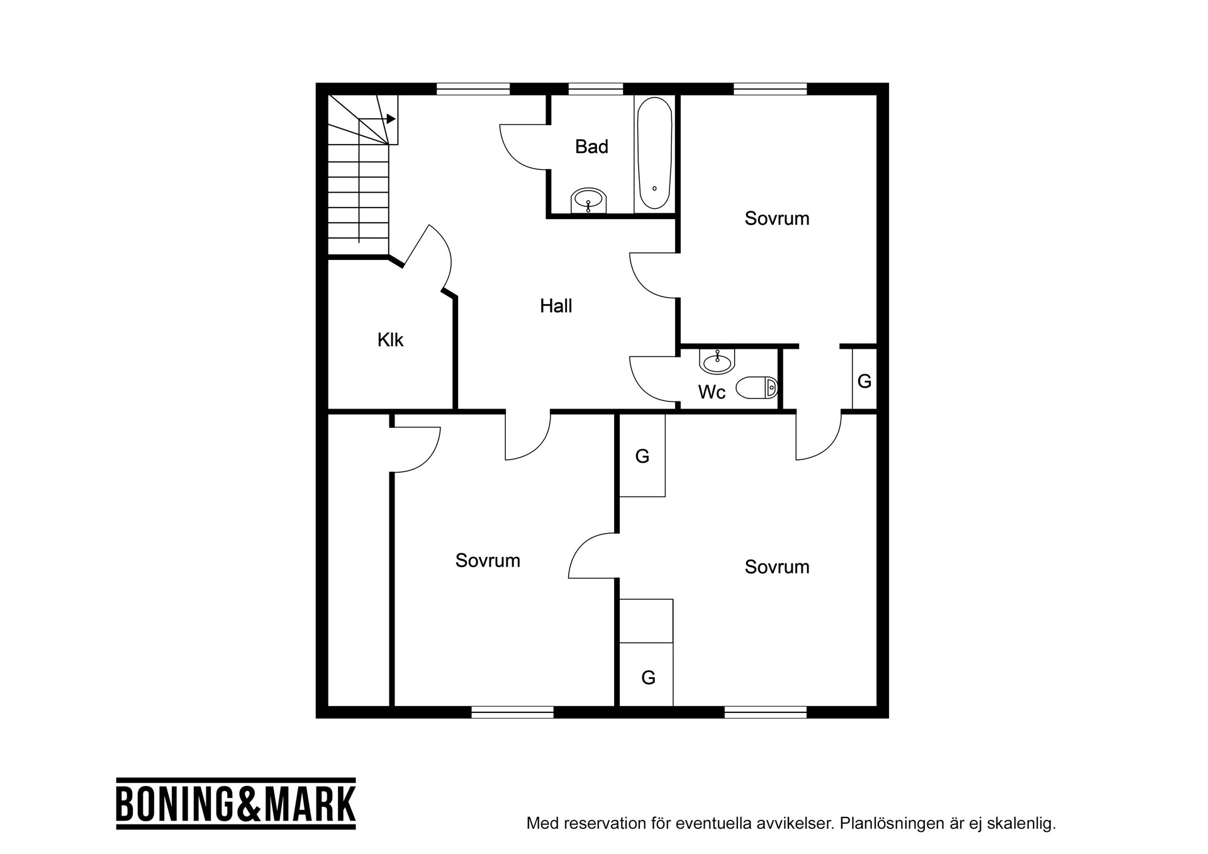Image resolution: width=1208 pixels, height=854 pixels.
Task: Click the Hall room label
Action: (556, 306)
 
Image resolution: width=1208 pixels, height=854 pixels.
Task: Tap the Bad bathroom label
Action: (591, 147)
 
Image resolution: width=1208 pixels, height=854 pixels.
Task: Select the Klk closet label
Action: (390, 340)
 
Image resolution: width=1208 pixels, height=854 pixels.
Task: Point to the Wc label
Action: (712, 393)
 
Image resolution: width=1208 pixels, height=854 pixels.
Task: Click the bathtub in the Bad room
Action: (654, 153)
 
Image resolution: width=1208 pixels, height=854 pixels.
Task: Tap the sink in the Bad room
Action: (589, 201)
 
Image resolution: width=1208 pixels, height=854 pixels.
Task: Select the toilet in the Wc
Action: (757, 388)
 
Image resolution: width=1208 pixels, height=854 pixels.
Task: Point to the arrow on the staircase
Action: (377, 119)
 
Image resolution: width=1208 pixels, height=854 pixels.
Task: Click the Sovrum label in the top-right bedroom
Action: (777, 219)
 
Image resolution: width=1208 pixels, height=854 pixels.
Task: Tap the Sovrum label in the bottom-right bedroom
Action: (777, 567)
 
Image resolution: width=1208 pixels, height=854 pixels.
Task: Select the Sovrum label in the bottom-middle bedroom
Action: (488, 561)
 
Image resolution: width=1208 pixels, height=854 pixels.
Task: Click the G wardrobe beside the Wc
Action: (864, 379)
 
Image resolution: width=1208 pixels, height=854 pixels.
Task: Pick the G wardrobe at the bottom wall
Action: (647, 675)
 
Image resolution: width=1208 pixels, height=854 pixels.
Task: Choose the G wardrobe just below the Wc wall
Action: (642, 456)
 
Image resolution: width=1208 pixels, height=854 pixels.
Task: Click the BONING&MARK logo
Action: (236, 804)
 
